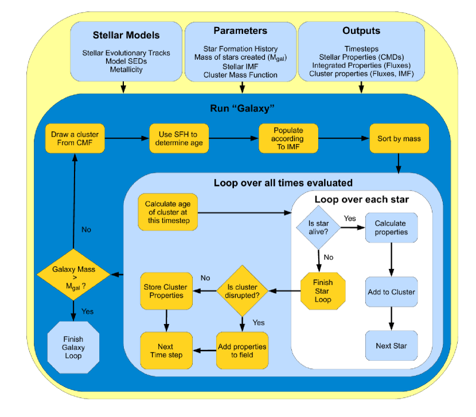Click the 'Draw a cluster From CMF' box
tap(75, 138)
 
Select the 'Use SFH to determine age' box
tap(179, 138)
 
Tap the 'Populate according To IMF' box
tap(288, 138)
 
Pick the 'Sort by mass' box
tap(399, 138)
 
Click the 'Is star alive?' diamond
tap(318, 228)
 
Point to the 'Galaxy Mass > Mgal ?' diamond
tap(73, 275)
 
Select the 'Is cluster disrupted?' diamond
tap(242, 291)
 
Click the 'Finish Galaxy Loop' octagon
tap(73, 347)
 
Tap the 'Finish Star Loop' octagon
tap(323, 291)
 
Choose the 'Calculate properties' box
tap(391, 228)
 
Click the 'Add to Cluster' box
tap(391, 291)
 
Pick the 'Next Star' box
tap(391, 346)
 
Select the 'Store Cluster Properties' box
tap(166, 291)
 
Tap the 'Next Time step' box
tap(166, 350)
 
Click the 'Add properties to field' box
tap(242, 350)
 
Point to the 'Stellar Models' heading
tap(126, 35)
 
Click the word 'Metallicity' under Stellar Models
tap(126, 69)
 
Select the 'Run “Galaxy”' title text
tap(242, 108)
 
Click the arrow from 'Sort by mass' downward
tap(399, 163)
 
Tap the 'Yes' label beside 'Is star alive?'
tap(350, 219)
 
